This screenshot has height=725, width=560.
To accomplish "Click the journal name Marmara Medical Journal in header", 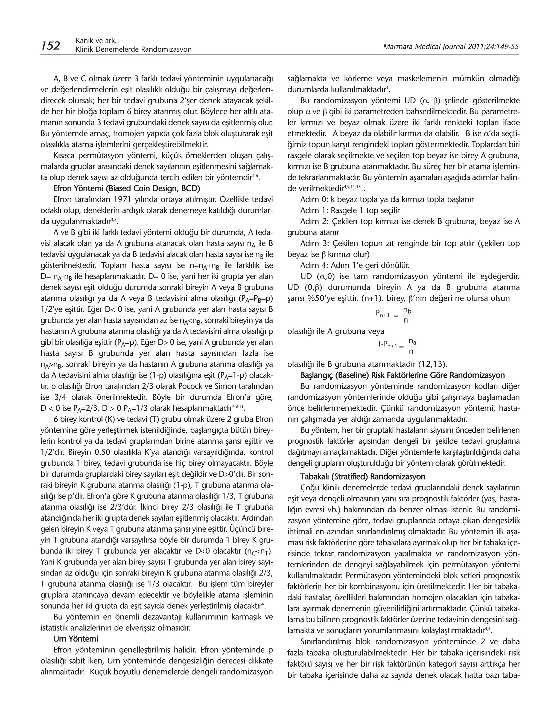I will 424,47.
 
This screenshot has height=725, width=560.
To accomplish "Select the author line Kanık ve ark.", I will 96,40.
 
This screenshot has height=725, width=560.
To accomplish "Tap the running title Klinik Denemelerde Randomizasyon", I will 134,50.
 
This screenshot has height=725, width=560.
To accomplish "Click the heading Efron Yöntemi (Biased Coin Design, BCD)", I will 127,188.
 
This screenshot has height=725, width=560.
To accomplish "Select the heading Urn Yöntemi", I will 76,639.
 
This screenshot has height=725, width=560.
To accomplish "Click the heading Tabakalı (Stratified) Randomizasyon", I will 363,477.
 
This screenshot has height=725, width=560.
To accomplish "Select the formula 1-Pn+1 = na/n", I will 397,346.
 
